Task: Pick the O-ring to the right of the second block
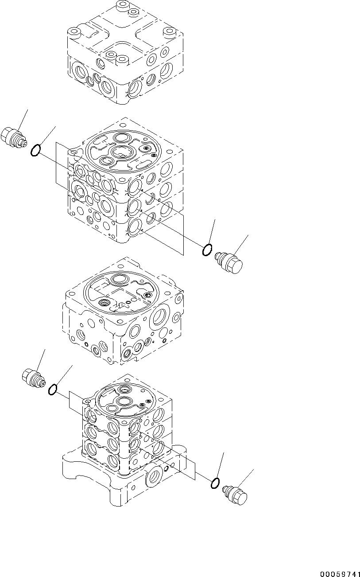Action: pyautogui.click(x=206, y=250)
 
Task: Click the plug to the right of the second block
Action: pyautogui.click(x=229, y=262)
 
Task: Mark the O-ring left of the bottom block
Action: pyautogui.click(x=52, y=389)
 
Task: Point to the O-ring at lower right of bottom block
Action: pyautogui.click(x=215, y=483)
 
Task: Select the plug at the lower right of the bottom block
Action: pyautogui.click(x=235, y=495)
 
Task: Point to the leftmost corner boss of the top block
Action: pyautogui.click(x=73, y=32)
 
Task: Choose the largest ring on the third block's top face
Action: pyautogui.click(x=119, y=279)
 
